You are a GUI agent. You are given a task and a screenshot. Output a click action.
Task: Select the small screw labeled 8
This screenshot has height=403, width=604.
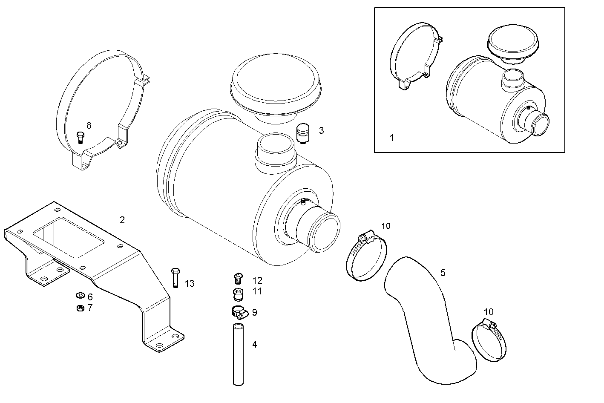80,138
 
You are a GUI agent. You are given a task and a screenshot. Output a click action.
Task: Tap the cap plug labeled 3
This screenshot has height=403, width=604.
303,133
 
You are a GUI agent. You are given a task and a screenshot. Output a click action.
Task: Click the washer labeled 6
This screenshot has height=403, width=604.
80,296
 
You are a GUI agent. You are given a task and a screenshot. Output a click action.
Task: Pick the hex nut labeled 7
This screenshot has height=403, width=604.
80,308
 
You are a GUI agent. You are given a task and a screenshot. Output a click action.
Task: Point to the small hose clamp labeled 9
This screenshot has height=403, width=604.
239,312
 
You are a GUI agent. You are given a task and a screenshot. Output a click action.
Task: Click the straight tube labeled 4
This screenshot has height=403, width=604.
238,354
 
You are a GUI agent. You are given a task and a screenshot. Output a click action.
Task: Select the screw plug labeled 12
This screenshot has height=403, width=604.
238,279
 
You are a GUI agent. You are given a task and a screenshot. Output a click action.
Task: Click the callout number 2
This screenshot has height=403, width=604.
122,220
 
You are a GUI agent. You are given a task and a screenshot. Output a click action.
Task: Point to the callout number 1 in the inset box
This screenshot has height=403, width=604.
392,138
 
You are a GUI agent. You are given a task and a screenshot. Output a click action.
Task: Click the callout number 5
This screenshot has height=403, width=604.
443,273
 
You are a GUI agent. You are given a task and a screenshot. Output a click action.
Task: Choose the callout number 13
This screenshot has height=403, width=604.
189,283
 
